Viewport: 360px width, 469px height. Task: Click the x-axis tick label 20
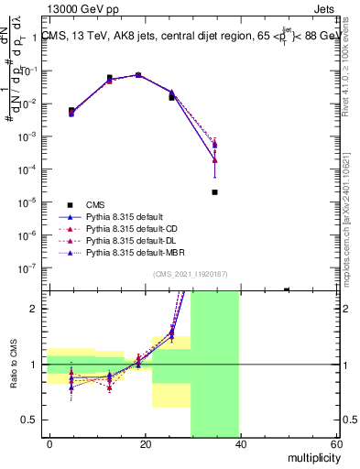(x=145, y=443)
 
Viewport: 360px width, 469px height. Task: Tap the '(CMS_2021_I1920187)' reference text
(x=190, y=274)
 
